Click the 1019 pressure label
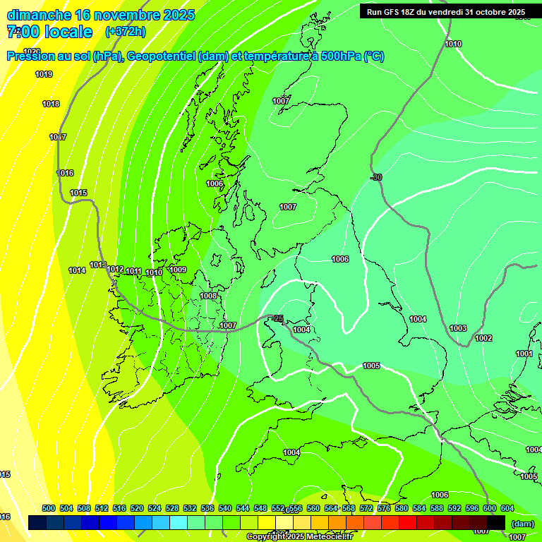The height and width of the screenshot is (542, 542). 44,74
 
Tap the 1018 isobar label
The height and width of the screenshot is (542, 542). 51,104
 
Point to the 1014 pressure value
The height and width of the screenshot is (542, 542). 77,270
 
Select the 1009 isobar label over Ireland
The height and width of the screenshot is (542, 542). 178,270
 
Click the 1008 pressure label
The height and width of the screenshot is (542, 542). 208,296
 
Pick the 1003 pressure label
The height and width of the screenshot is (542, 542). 458,328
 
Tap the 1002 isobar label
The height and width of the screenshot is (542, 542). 483,339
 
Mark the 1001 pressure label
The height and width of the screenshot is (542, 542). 524,354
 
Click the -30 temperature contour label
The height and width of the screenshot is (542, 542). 376,177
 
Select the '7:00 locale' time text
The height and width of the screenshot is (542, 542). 49,32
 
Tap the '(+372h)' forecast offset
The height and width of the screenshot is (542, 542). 125,32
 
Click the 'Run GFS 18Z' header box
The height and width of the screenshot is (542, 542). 446,12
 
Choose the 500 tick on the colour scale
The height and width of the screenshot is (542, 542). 49,508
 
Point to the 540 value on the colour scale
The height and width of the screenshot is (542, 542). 225,508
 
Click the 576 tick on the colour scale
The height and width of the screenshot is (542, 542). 384,508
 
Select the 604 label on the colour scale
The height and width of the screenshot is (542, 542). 507,508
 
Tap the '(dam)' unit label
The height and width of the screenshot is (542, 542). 522,524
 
